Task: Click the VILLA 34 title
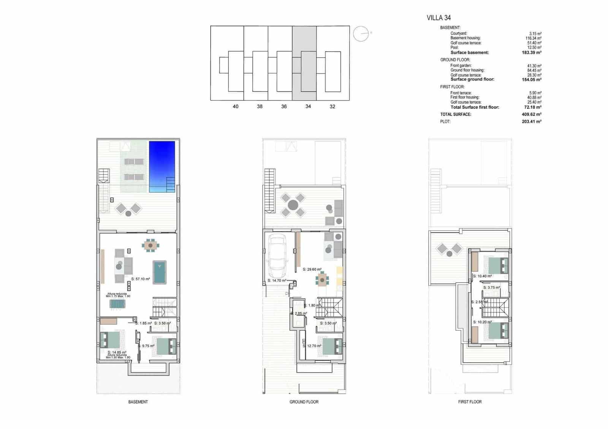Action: click(x=439, y=17)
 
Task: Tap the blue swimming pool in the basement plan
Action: click(x=162, y=166)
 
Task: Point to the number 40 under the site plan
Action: click(x=236, y=107)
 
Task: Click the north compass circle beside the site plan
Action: click(x=361, y=34)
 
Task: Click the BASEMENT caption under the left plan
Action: click(x=138, y=402)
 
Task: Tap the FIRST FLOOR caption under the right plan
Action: click(x=470, y=402)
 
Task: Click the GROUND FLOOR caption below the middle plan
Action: click(x=304, y=402)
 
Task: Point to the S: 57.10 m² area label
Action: click(x=141, y=279)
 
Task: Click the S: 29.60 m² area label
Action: click(x=312, y=269)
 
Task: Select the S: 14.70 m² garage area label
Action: click(x=277, y=281)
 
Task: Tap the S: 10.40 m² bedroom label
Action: click(x=483, y=276)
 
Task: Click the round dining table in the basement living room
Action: click(x=151, y=246)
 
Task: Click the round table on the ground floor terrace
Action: click(x=293, y=205)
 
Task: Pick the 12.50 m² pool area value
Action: click(x=535, y=47)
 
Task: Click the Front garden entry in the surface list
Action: click(x=461, y=66)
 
